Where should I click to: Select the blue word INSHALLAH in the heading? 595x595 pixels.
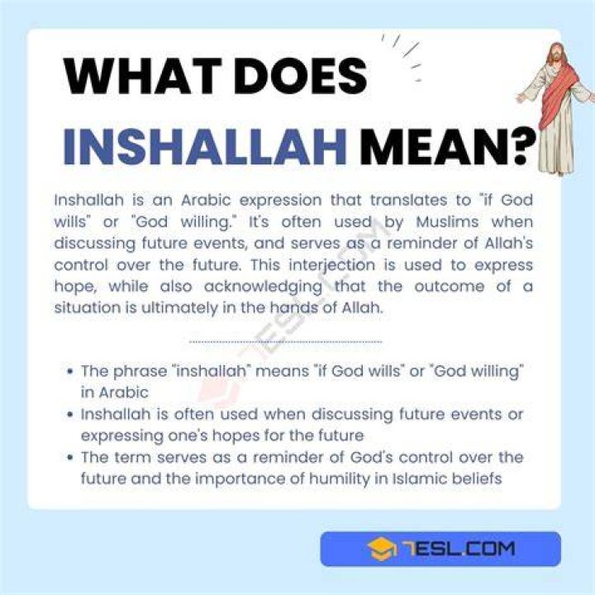click(x=205, y=146)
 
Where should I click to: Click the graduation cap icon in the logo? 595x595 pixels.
click(x=382, y=549)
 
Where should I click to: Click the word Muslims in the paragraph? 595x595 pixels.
click(x=447, y=221)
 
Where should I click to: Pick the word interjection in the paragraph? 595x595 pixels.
click(x=331, y=265)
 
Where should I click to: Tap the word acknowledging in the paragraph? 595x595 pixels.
click(x=263, y=287)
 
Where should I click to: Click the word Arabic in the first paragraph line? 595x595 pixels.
click(x=206, y=200)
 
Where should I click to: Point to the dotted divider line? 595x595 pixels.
click(x=285, y=342)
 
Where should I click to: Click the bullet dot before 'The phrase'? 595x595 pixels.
click(x=69, y=371)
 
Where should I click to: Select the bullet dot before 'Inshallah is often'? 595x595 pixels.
click(x=69, y=414)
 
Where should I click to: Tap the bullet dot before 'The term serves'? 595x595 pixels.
click(x=69, y=458)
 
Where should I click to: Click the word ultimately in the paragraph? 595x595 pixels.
click(x=179, y=308)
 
